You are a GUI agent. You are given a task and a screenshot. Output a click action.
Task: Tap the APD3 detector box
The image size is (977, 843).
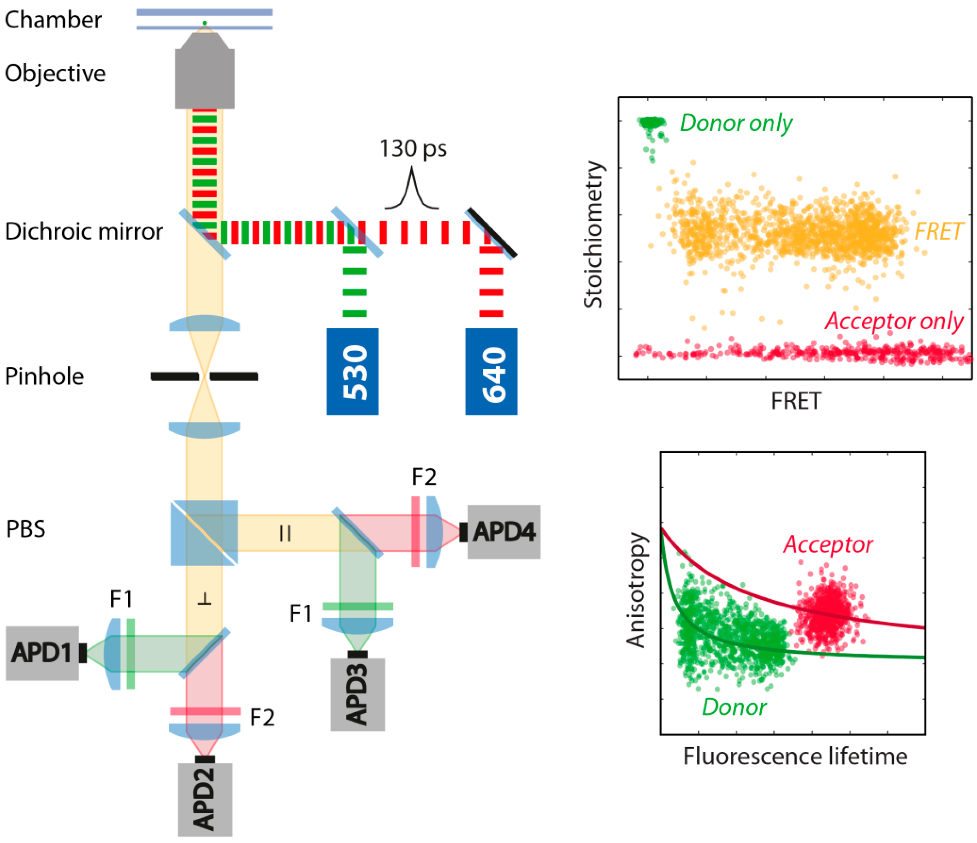tap(357, 694)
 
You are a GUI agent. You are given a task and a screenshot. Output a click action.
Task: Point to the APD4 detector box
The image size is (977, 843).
tap(504, 532)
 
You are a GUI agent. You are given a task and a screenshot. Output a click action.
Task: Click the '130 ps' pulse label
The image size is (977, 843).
tap(413, 149)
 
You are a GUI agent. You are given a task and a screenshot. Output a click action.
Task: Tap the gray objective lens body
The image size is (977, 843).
tap(205, 78)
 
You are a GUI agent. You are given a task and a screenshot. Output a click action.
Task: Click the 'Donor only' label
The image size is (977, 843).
tap(736, 123)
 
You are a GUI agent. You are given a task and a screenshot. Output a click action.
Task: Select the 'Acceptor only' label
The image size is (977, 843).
tap(894, 322)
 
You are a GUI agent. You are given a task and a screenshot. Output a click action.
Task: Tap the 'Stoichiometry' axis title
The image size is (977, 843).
tap(593, 235)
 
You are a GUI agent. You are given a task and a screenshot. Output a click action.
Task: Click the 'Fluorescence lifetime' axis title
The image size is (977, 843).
tap(795, 756)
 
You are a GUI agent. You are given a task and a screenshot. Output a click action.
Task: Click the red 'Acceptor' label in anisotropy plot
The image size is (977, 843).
tap(828, 545)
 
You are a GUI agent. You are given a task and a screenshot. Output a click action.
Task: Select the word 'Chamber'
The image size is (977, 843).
tap(53, 20)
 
